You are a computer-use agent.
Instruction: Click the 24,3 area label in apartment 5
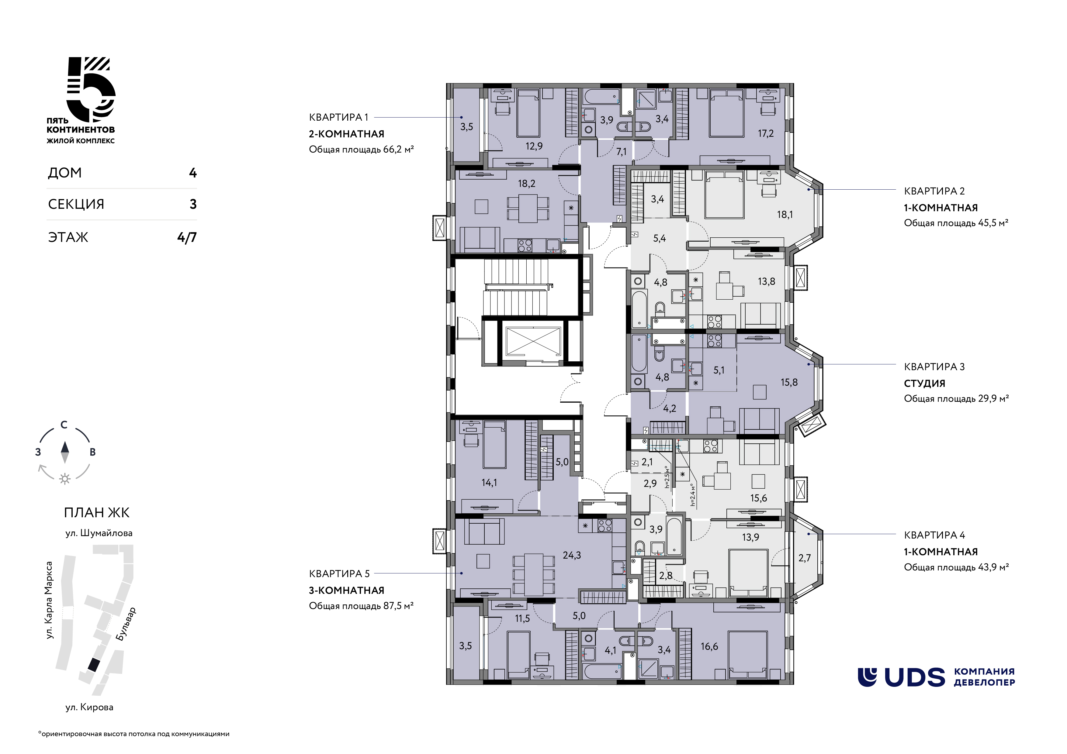tap(572, 555)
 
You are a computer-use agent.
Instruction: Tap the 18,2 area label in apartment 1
tap(527, 184)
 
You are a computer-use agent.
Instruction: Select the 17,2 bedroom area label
tap(766, 134)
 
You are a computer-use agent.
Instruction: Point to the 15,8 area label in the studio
tap(789, 382)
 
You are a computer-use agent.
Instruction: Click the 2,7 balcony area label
tap(805, 558)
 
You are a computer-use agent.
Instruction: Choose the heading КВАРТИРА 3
tap(934, 367)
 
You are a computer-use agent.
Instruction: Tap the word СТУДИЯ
tap(924, 383)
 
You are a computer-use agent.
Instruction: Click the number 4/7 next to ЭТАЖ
tap(187, 237)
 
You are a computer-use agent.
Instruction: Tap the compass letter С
tap(64, 425)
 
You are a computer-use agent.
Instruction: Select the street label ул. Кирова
tap(89, 707)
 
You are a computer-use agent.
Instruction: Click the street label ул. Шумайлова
tap(99, 533)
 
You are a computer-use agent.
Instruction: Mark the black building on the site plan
tap(93, 665)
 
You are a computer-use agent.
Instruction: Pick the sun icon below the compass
tap(64, 479)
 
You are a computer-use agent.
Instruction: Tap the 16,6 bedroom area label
tap(710, 646)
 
